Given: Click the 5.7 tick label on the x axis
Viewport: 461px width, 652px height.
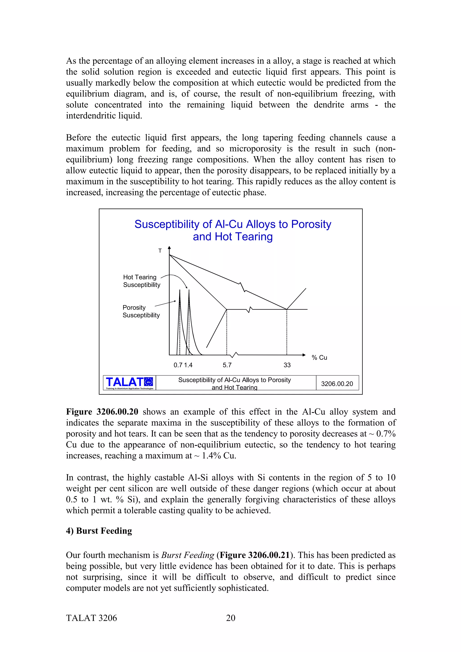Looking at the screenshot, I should (227, 365).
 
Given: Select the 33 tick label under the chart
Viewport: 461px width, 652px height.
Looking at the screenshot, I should (287, 365).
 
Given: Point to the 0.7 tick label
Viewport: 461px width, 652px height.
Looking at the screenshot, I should (178, 365).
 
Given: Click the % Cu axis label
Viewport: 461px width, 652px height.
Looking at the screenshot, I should (319, 357).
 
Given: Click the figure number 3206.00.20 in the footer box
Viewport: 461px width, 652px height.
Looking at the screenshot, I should (337, 384).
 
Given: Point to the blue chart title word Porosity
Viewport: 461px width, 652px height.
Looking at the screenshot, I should (311, 224).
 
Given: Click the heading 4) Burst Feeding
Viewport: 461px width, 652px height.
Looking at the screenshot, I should (99, 531).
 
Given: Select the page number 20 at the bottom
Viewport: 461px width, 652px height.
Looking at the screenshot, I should (230, 618).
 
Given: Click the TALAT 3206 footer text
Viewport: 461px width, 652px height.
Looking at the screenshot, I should (91, 618).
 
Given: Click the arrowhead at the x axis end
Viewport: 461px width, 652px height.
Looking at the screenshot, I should (304, 355).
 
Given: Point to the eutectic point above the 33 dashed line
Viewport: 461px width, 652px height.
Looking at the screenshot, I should (287, 309).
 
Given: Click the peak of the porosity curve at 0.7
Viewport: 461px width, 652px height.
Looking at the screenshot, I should (179, 290).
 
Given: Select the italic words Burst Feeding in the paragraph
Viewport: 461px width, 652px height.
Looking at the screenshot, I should (188, 555).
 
